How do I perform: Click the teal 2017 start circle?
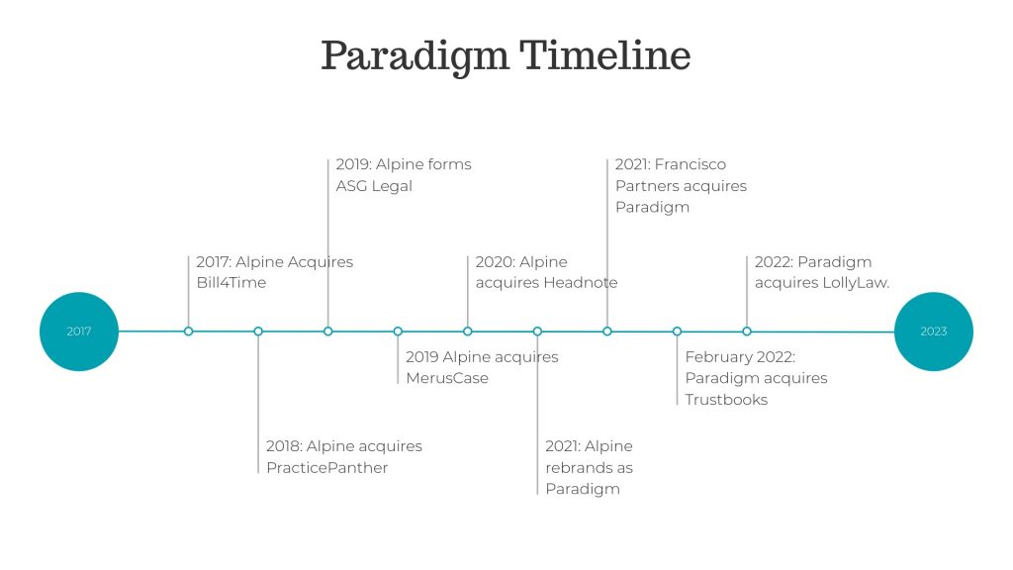[79, 332]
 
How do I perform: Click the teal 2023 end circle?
[934, 332]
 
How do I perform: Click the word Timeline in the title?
[605, 55]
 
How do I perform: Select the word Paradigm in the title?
[414, 56]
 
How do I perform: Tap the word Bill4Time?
[231, 282]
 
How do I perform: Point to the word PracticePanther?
[326, 467]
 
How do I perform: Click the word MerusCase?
[447, 378]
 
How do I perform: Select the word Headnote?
[580, 282]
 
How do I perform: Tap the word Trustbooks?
[726, 400]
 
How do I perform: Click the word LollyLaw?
[856, 283]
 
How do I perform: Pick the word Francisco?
[690, 164]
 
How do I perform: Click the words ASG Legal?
[374, 186]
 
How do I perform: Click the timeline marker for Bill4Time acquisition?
[188, 332]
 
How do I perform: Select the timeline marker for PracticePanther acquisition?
[258, 332]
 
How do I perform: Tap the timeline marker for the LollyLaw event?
[746, 332]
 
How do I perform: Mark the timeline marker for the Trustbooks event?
[677, 332]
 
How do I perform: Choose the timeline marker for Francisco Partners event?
[606, 332]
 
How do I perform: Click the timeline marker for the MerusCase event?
[398, 332]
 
